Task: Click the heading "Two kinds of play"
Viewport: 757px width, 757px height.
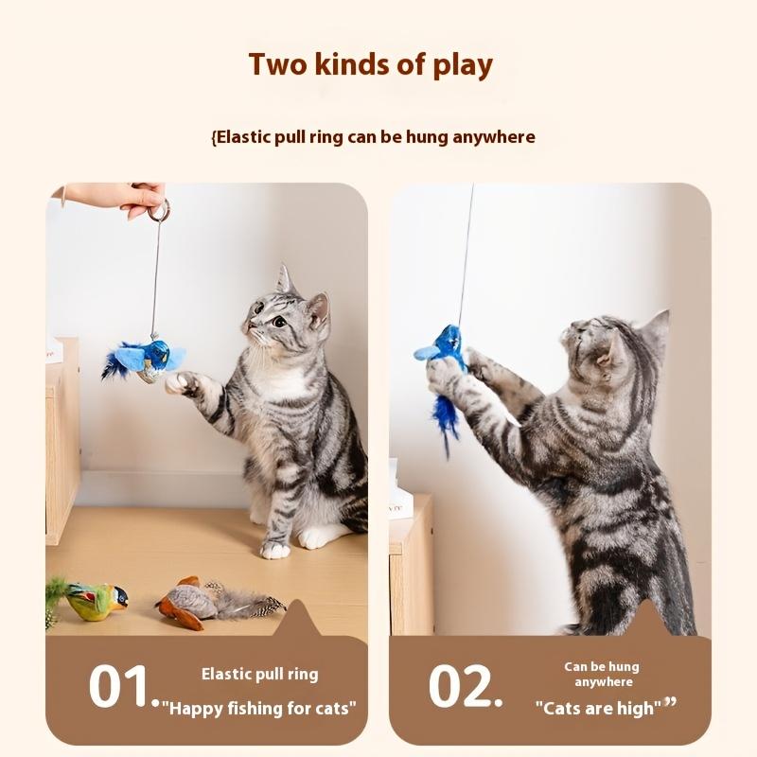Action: (x=370, y=65)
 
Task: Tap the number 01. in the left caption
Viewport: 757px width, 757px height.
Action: (x=124, y=686)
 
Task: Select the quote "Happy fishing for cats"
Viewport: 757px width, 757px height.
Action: (x=259, y=708)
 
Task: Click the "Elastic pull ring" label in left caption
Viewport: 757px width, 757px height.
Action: (x=259, y=674)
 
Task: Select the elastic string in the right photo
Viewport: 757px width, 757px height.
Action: (x=466, y=255)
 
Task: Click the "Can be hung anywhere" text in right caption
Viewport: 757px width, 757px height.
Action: (x=601, y=674)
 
